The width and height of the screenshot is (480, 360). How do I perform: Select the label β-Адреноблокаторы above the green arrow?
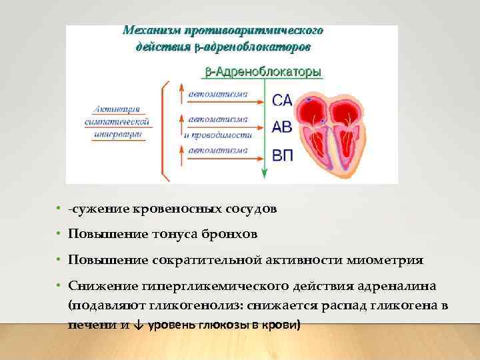261,71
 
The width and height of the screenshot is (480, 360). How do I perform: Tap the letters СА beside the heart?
282,101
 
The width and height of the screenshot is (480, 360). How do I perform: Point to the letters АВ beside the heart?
282,126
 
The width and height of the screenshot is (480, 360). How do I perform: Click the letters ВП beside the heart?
283,156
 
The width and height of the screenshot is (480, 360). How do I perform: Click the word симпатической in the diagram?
118,122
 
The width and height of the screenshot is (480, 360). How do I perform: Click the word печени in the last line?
87,325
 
